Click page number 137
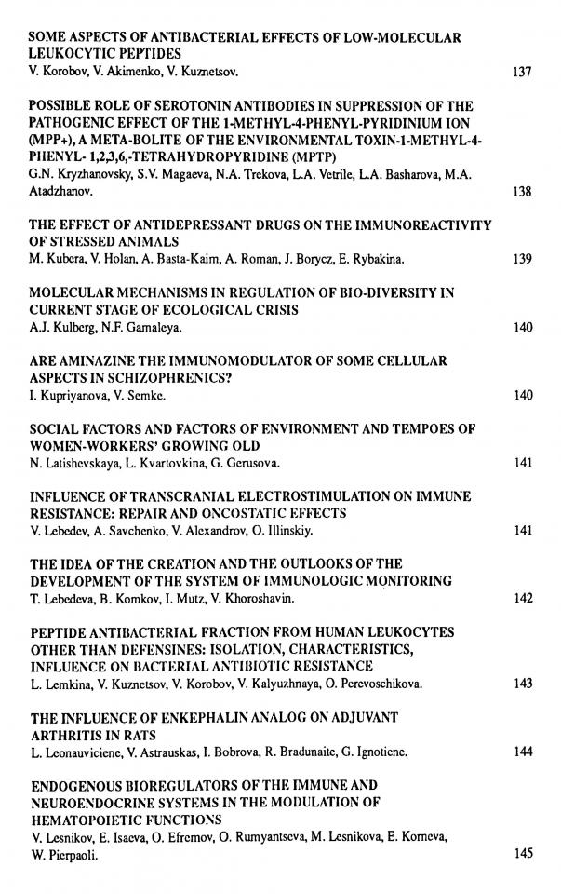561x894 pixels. (x=522, y=71)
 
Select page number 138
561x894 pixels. (x=522, y=192)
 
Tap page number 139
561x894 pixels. (x=522, y=259)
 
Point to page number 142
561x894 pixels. (x=522, y=598)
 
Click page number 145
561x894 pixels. (x=522, y=853)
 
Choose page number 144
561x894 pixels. (x=522, y=751)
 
